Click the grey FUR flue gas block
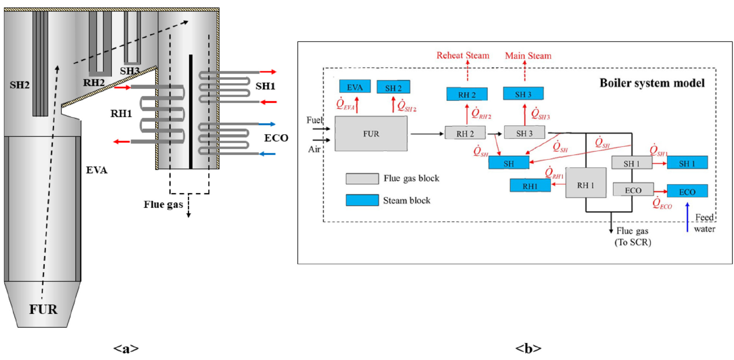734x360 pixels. point(371,134)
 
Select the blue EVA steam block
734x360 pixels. point(355,86)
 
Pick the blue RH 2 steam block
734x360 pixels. point(467,94)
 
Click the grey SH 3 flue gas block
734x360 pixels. point(524,133)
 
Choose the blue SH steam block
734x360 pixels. point(509,163)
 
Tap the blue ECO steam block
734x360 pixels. point(687,191)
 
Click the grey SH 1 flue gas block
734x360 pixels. point(632,163)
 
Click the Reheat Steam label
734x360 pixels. point(462,56)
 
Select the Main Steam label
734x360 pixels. point(528,56)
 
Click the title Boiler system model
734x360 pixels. point(652,83)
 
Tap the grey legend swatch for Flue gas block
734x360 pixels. point(362,179)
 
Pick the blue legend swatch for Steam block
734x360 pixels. point(362,200)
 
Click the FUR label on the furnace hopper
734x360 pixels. point(43,309)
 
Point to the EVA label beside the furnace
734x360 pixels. point(97,170)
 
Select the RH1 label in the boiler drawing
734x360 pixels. point(121,114)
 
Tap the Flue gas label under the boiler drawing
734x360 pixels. point(163,205)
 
